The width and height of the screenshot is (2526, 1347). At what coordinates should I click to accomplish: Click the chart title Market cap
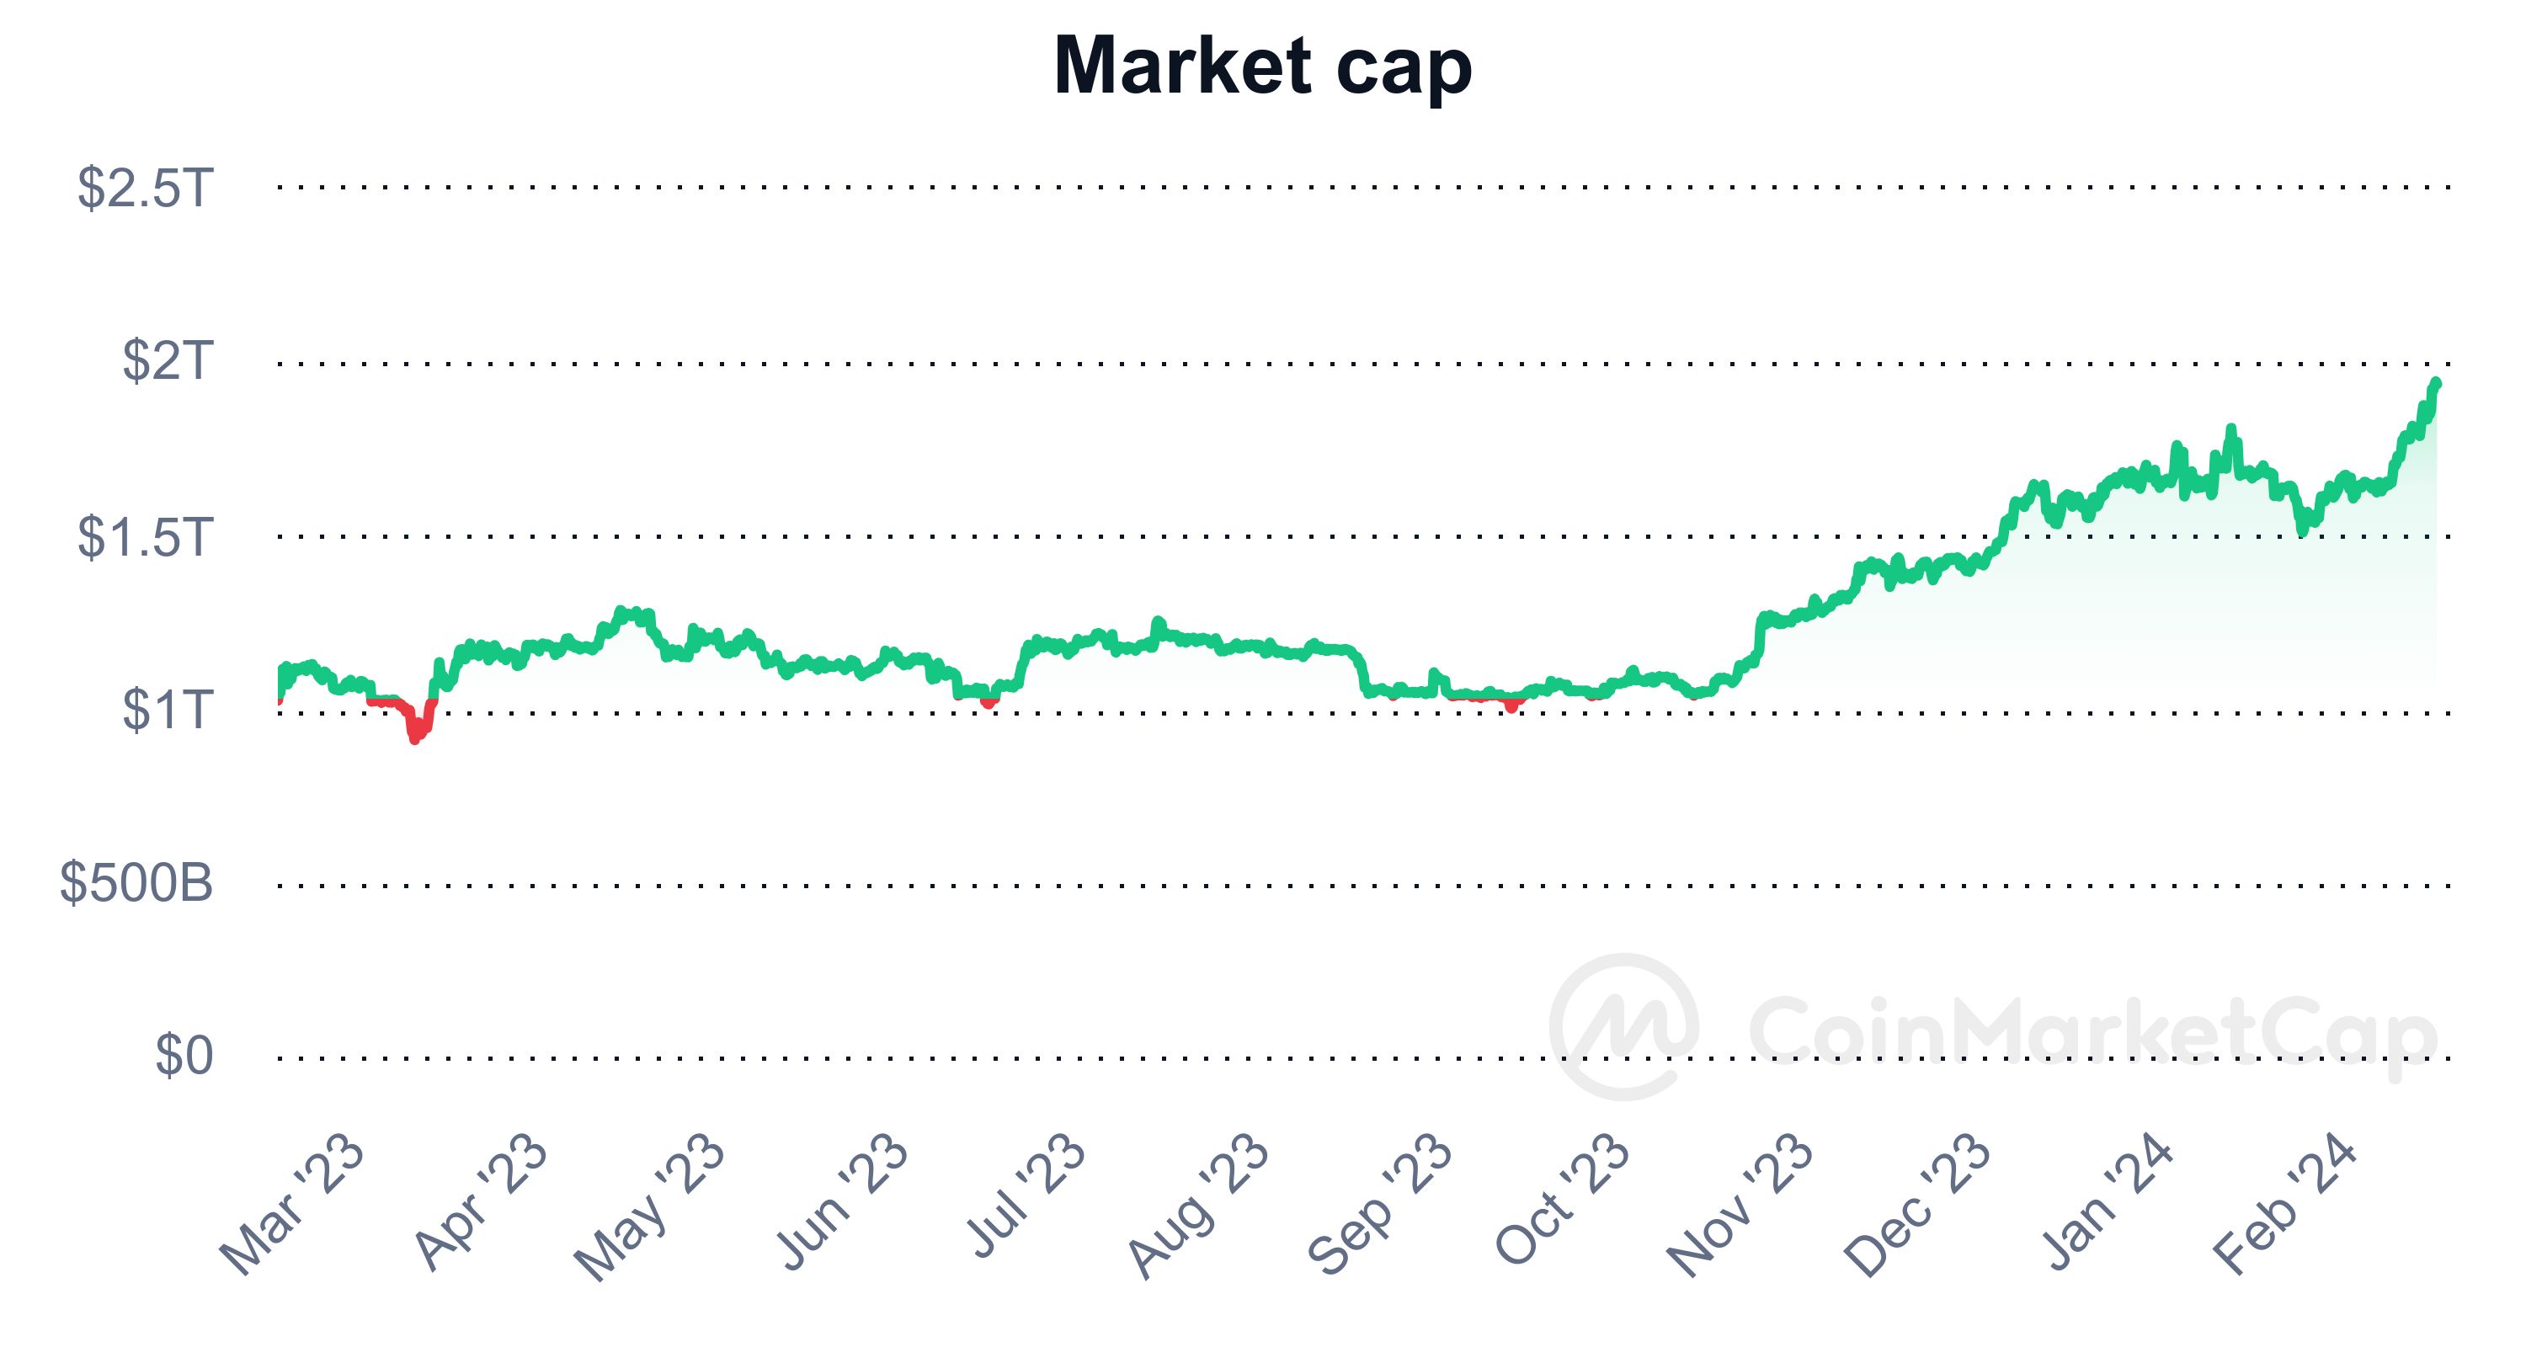[1262, 67]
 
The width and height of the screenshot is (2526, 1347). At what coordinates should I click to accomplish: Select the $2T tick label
[167, 362]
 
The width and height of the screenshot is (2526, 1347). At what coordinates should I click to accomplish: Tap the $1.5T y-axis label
[145, 537]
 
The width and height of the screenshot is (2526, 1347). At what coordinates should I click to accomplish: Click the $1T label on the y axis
[167, 711]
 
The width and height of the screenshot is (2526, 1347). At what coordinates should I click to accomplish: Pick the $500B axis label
[136, 883]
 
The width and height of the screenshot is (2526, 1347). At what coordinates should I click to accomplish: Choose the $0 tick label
[184, 1057]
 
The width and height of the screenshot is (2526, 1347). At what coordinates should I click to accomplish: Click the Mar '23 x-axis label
[291, 1205]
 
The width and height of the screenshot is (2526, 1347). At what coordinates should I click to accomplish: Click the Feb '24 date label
[2285, 1205]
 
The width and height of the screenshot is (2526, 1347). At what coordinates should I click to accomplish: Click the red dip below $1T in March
[416, 732]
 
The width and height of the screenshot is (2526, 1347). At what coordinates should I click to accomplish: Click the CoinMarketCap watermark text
[2092, 1030]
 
